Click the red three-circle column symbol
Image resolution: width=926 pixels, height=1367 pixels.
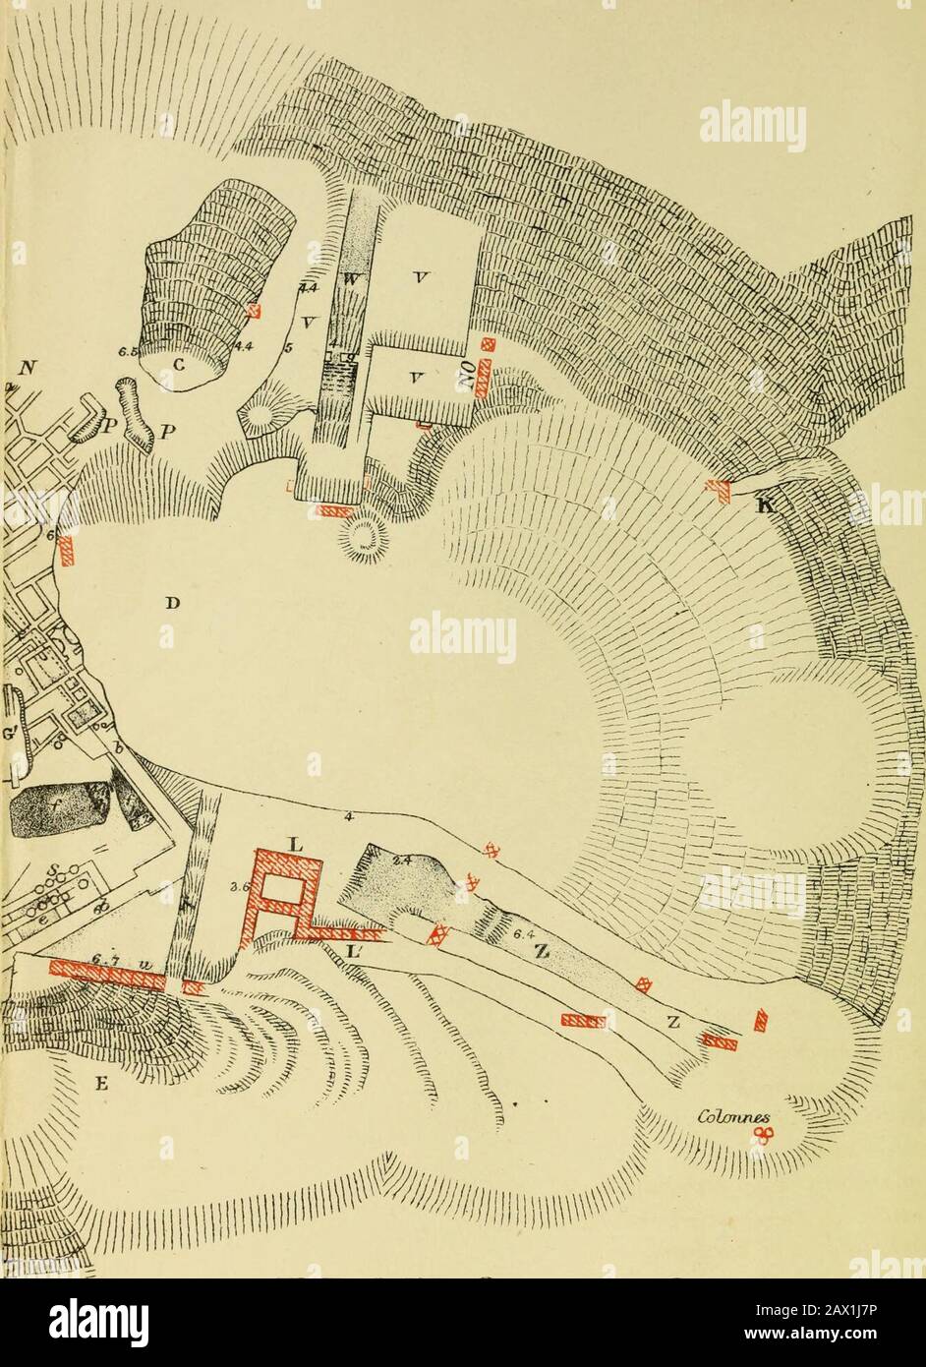coord(763,1135)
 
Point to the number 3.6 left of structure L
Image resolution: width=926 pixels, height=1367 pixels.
coord(238,886)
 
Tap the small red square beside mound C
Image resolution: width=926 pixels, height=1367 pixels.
coord(255,310)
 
